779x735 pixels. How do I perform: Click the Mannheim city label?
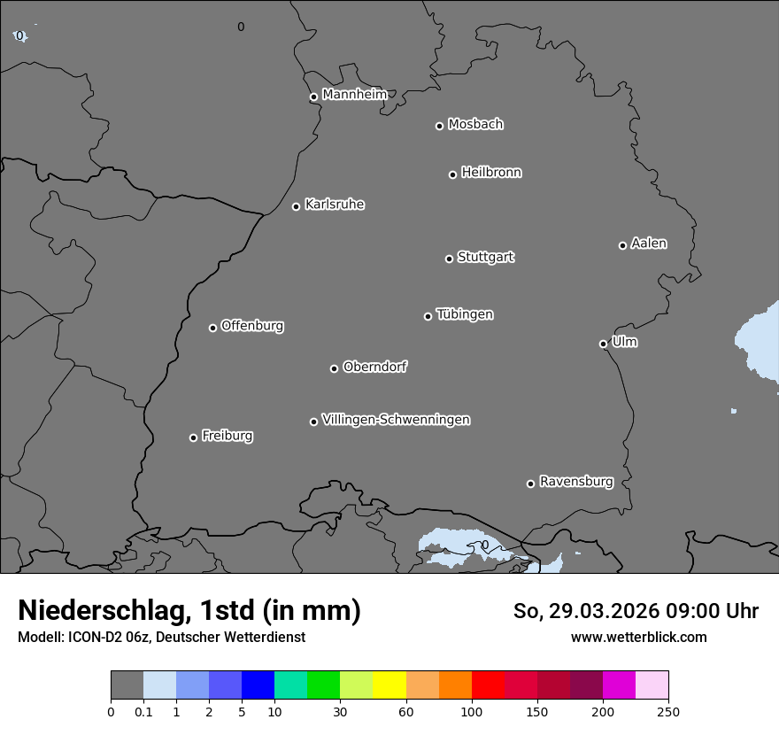tap(354, 95)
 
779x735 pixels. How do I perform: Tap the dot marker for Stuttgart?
tap(449, 259)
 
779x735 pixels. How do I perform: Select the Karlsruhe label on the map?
tap(334, 205)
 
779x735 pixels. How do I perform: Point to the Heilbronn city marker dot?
tap(452, 174)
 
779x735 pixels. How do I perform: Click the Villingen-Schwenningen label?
tap(396, 420)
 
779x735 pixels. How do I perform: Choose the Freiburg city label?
tap(227, 436)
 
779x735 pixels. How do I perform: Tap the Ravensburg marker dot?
tap(530, 484)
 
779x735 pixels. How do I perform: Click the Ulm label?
tap(624, 342)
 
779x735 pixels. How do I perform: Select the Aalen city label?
tap(648, 244)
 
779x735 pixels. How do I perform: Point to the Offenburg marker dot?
tap(212, 328)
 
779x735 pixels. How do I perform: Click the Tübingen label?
tap(464, 314)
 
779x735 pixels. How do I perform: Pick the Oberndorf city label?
tap(374, 367)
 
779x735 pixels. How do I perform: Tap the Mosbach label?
tap(474, 124)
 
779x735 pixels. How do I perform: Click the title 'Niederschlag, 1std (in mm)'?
tap(189, 610)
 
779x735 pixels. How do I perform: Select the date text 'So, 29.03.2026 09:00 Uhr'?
tap(636, 611)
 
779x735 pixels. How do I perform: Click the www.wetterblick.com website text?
tap(638, 638)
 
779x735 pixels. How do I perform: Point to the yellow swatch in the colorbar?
tap(389, 685)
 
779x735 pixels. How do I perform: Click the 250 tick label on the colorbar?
tap(668, 711)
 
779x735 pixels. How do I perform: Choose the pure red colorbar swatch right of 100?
tap(488, 685)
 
